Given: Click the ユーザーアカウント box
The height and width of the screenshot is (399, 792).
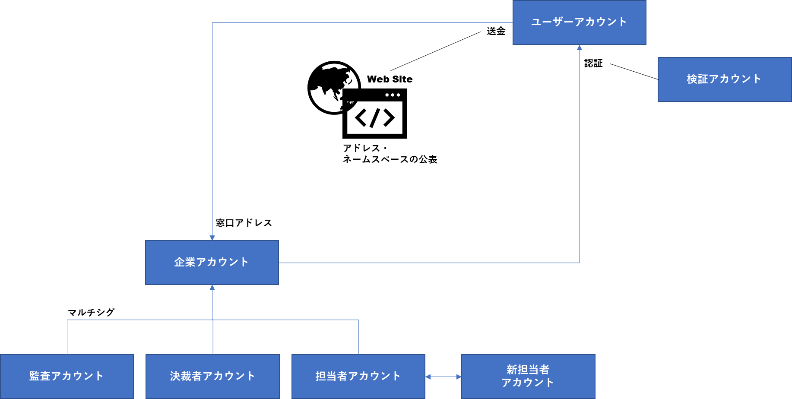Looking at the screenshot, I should pyautogui.click(x=579, y=22).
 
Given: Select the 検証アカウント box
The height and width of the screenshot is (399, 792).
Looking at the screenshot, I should pyautogui.click(x=724, y=79).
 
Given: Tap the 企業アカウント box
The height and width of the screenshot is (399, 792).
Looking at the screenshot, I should pyautogui.click(x=212, y=263).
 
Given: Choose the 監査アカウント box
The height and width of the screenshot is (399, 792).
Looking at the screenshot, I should pyautogui.click(x=67, y=376).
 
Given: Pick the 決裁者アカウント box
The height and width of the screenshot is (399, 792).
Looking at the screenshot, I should pyautogui.click(x=212, y=376).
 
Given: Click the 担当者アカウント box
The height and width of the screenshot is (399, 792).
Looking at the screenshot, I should pyautogui.click(x=358, y=376).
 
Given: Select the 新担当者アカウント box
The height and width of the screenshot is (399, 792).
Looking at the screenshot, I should pyautogui.click(x=528, y=376).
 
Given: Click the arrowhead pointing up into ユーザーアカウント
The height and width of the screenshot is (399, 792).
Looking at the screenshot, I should pyautogui.click(x=580, y=47).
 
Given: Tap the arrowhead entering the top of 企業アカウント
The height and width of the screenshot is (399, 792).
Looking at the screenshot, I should pyautogui.click(x=212, y=238).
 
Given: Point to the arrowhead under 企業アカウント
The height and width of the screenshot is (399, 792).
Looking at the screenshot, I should pyautogui.click(x=212, y=288).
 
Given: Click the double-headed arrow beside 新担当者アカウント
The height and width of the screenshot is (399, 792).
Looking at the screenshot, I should pyautogui.click(x=443, y=377).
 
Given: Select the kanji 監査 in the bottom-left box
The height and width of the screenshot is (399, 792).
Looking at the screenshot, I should pyautogui.click(x=40, y=376).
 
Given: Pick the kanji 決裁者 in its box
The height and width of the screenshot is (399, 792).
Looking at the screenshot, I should pyautogui.click(x=186, y=376).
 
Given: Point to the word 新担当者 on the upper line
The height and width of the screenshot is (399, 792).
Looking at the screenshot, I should pyautogui.click(x=528, y=370).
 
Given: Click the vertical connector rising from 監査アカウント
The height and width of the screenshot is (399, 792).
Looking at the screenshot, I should pyautogui.click(x=67, y=337).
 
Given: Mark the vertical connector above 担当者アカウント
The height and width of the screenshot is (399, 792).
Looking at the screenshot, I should pyautogui.click(x=359, y=337).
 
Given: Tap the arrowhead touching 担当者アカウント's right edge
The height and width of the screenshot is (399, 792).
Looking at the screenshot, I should pyautogui.click(x=428, y=377).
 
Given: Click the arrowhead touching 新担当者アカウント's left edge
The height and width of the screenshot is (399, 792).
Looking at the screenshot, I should pyautogui.click(x=459, y=377).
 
